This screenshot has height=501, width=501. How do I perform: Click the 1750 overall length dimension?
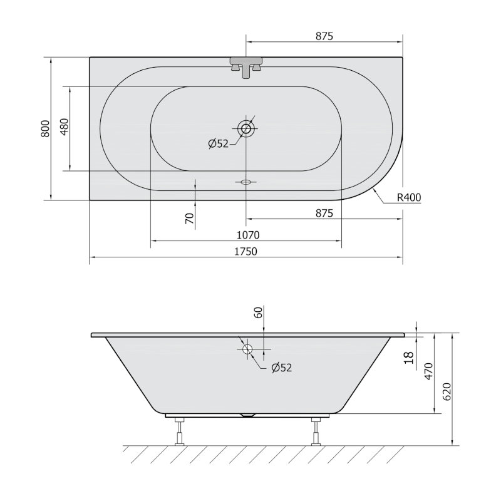pyautogui.click(x=245, y=252)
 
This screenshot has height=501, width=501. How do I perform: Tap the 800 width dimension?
pyautogui.click(x=44, y=128)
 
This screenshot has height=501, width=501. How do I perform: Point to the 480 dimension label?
pyautogui.click(x=63, y=128)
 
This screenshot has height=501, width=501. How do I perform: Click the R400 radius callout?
pyautogui.click(x=408, y=198)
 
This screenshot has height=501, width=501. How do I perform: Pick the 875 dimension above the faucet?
pyautogui.click(x=323, y=36)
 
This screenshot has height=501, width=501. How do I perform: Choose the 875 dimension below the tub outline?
pyautogui.click(x=323, y=213)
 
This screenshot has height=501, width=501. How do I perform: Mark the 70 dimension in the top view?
pyautogui.click(x=189, y=219)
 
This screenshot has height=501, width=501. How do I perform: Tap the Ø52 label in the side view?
pyautogui.click(x=282, y=368)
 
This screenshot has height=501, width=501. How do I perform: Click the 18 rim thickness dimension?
pyautogui.click(x=410, y=358)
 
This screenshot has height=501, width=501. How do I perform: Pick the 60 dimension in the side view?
pyautogui.click(x=257, y=312)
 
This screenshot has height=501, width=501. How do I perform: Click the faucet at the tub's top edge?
pyautogui.click(x=247, y=66)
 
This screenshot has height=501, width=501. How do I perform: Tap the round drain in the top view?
pyautogui.click(x=246, y=129)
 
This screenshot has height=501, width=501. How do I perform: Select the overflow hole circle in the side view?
pyautogui.click(x=247, y=349)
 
